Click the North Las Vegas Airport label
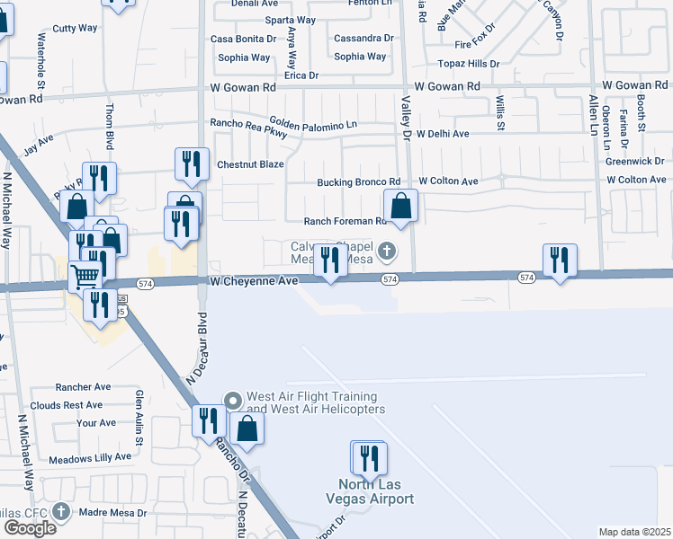click(x=370, y=491)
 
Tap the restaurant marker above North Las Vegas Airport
click(x=369, y=458)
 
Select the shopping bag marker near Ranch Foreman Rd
click(x=400, y=206)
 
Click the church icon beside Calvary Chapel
click(x=387, y=250)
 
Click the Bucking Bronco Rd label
click(x=358, y=182)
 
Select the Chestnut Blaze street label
click(x=250, y=164)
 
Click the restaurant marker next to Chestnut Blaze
click(x=191, y=163)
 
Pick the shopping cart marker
click(x=85, y=276)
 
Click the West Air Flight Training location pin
click(x=233, y=400)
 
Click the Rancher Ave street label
click(x=83, y=387)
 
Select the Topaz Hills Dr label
click(x=468, y=64)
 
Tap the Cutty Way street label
click(x=76, y=28)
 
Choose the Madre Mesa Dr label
click(x=112, y=513)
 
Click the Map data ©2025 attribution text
click(x=635, y=532)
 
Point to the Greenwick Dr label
click(x=634, y=162)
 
